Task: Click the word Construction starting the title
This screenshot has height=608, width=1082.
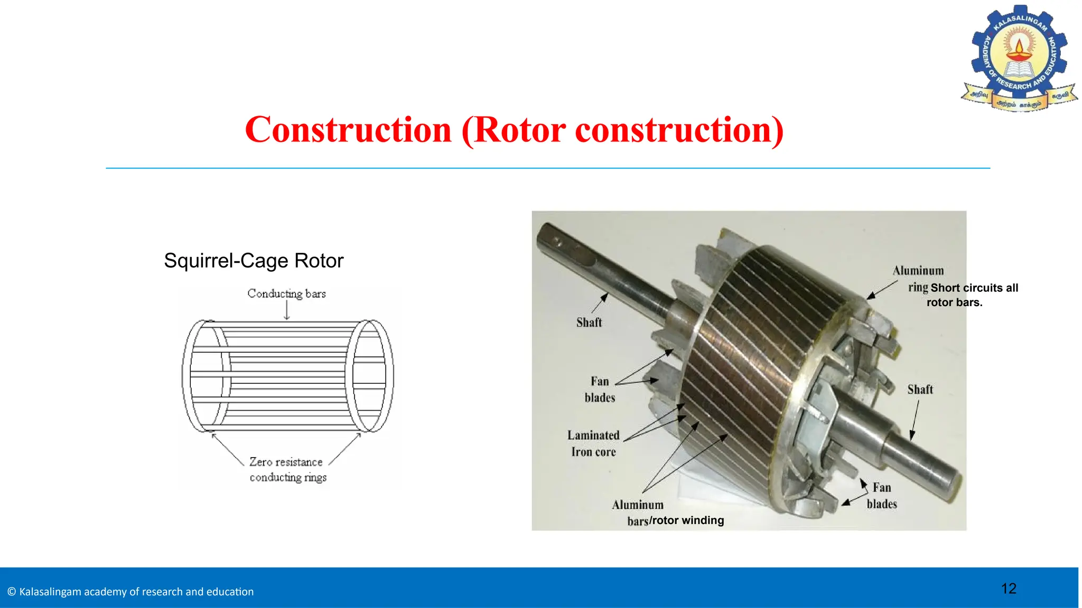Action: point(349,130)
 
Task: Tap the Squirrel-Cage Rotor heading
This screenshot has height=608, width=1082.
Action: point(254,261)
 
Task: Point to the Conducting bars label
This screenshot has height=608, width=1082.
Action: point(286,293)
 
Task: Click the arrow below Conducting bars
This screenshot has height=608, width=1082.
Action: point(287,311)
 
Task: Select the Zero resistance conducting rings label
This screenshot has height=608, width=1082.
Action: point(287,469)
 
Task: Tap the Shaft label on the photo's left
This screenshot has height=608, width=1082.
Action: point(589,322)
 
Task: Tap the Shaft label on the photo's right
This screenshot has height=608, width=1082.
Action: point(920,389)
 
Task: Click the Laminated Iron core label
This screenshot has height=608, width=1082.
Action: point(593,443)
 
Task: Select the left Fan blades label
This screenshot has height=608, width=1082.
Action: point(600,389)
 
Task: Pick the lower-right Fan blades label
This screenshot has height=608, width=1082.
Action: point(882,496)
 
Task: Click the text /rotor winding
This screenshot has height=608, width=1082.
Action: point(687,520)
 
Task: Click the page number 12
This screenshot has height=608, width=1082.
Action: point(1009,588)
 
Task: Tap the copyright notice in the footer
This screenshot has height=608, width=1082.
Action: point(130,592)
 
